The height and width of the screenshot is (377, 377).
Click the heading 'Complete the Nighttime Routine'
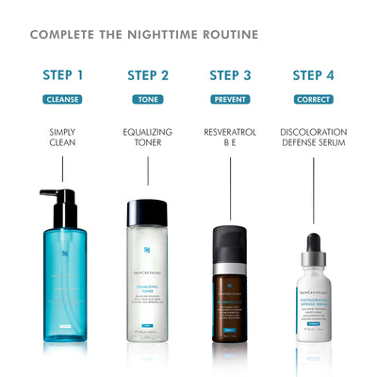coord(143,35)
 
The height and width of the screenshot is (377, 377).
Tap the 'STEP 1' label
coord(63,75)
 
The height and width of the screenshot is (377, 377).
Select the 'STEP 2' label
coord(148,75)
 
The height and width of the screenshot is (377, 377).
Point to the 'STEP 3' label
coord(231,75)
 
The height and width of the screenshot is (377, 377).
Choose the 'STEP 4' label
coord(313,75)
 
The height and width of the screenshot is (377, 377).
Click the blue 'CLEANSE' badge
coord(63,99)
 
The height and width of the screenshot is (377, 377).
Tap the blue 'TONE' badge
coord(148,99)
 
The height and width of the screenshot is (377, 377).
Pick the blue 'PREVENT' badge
coord(231,99)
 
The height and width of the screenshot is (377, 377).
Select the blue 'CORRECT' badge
coord(313,99)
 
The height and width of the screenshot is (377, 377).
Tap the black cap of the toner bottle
coord(148,212)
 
